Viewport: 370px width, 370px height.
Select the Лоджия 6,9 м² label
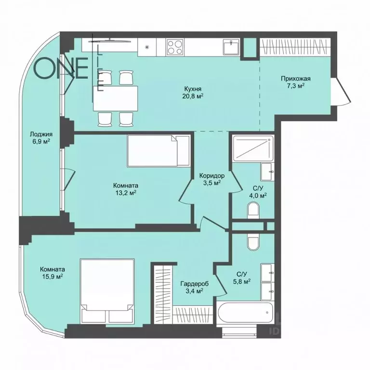pos(41,138)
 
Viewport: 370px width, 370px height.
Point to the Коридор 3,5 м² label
pos(212,179)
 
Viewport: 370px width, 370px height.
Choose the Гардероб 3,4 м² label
pos(195,287)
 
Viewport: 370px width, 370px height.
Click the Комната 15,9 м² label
pos(53,273)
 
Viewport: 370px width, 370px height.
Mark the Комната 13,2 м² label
pos(126,189)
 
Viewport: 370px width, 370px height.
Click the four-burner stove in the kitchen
pos(175,47)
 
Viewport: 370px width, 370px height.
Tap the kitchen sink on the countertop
pos(231,47)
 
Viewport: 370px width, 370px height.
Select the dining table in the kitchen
pos(116,98)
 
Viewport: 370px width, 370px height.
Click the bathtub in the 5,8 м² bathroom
pos(245,313)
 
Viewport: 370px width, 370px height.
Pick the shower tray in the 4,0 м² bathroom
pos(253,149)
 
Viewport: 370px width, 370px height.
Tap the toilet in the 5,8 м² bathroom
pos(253,241)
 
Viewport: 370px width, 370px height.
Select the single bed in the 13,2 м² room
pos(159,151)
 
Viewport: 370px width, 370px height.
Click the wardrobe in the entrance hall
pos(293,47)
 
